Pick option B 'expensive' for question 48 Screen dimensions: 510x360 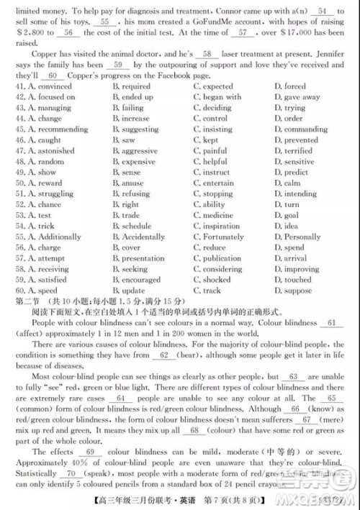(x=138, y=162)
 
